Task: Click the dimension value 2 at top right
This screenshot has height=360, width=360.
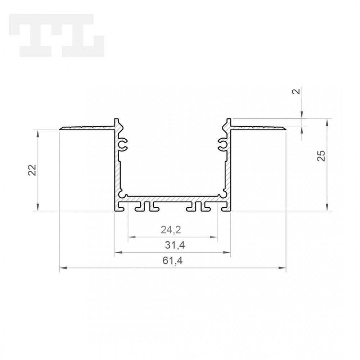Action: (297, 91)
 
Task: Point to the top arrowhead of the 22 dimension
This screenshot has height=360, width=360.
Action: (38, 133)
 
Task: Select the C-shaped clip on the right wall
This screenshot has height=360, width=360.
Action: (222, 144)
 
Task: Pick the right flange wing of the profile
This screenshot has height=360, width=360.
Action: (258, 127)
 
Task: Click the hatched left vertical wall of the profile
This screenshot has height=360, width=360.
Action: (117, 169)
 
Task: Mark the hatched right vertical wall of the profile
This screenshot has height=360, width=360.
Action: (228, 169)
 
